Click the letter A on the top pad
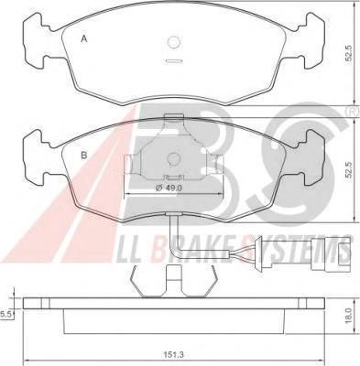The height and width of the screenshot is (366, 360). pos(84,39)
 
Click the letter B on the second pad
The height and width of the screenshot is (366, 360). pos(84,156)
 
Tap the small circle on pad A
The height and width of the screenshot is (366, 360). pos(174,42)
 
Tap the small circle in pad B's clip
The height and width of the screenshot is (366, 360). pos(174,159)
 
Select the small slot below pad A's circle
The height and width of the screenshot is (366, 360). pos(174,61)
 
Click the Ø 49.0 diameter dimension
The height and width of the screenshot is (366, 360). pos(169,188)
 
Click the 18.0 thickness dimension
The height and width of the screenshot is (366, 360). pos(350,316)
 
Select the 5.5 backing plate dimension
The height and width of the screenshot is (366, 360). pos(5,314)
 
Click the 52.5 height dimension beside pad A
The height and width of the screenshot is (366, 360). pos(350,54)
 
